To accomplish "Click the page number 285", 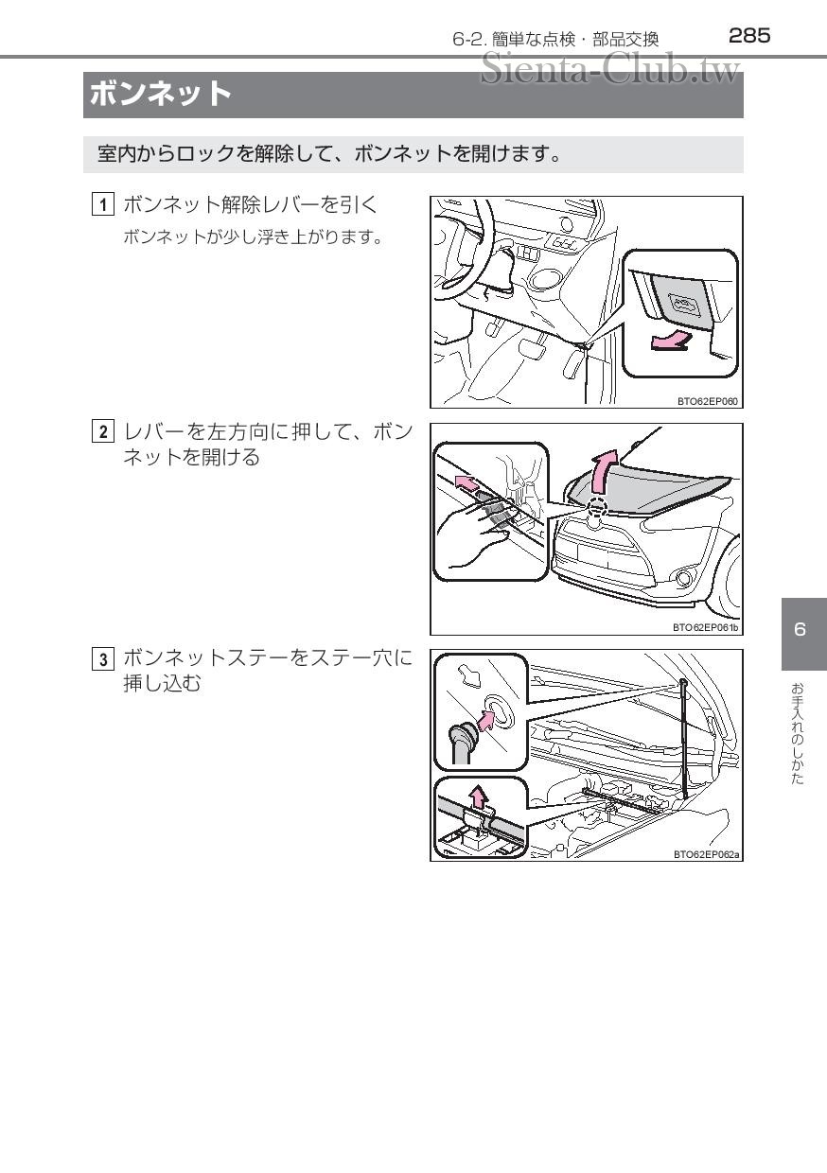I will pyautogui.click(x=749, y=36).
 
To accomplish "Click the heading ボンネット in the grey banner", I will pyautogui.click(x=160, y=95).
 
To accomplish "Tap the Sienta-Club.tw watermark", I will pyautogui.click(x=609, y=68).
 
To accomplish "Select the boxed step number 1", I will pyautogui.click(x=103, y=204).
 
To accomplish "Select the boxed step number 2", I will pyautogui.click(x=103, y=433).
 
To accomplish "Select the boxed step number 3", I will pyautogui.click(x=103, y=658).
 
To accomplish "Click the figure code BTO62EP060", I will pyautogui.click(x=707, y=401).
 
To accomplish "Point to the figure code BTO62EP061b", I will pyautogui.click(x=705, y=627).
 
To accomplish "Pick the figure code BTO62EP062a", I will pyautogui.click(x=706, y=853).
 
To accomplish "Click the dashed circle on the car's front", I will pyautogui.click(x=595, y=507).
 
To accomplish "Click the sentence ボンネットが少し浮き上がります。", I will pyautogui.click(x=253, y=237).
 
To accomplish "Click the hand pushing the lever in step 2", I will pyautogui.click(x=478, y=530).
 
